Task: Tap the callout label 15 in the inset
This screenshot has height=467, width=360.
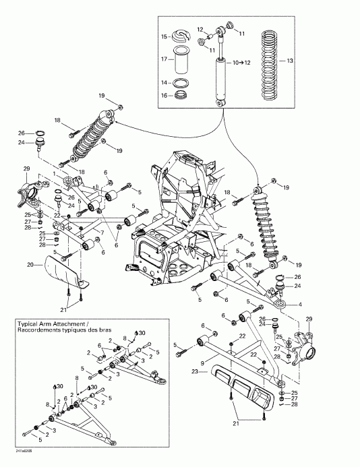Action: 164,36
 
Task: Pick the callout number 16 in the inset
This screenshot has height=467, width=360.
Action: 164,96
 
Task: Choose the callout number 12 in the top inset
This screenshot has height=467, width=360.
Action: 200,28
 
